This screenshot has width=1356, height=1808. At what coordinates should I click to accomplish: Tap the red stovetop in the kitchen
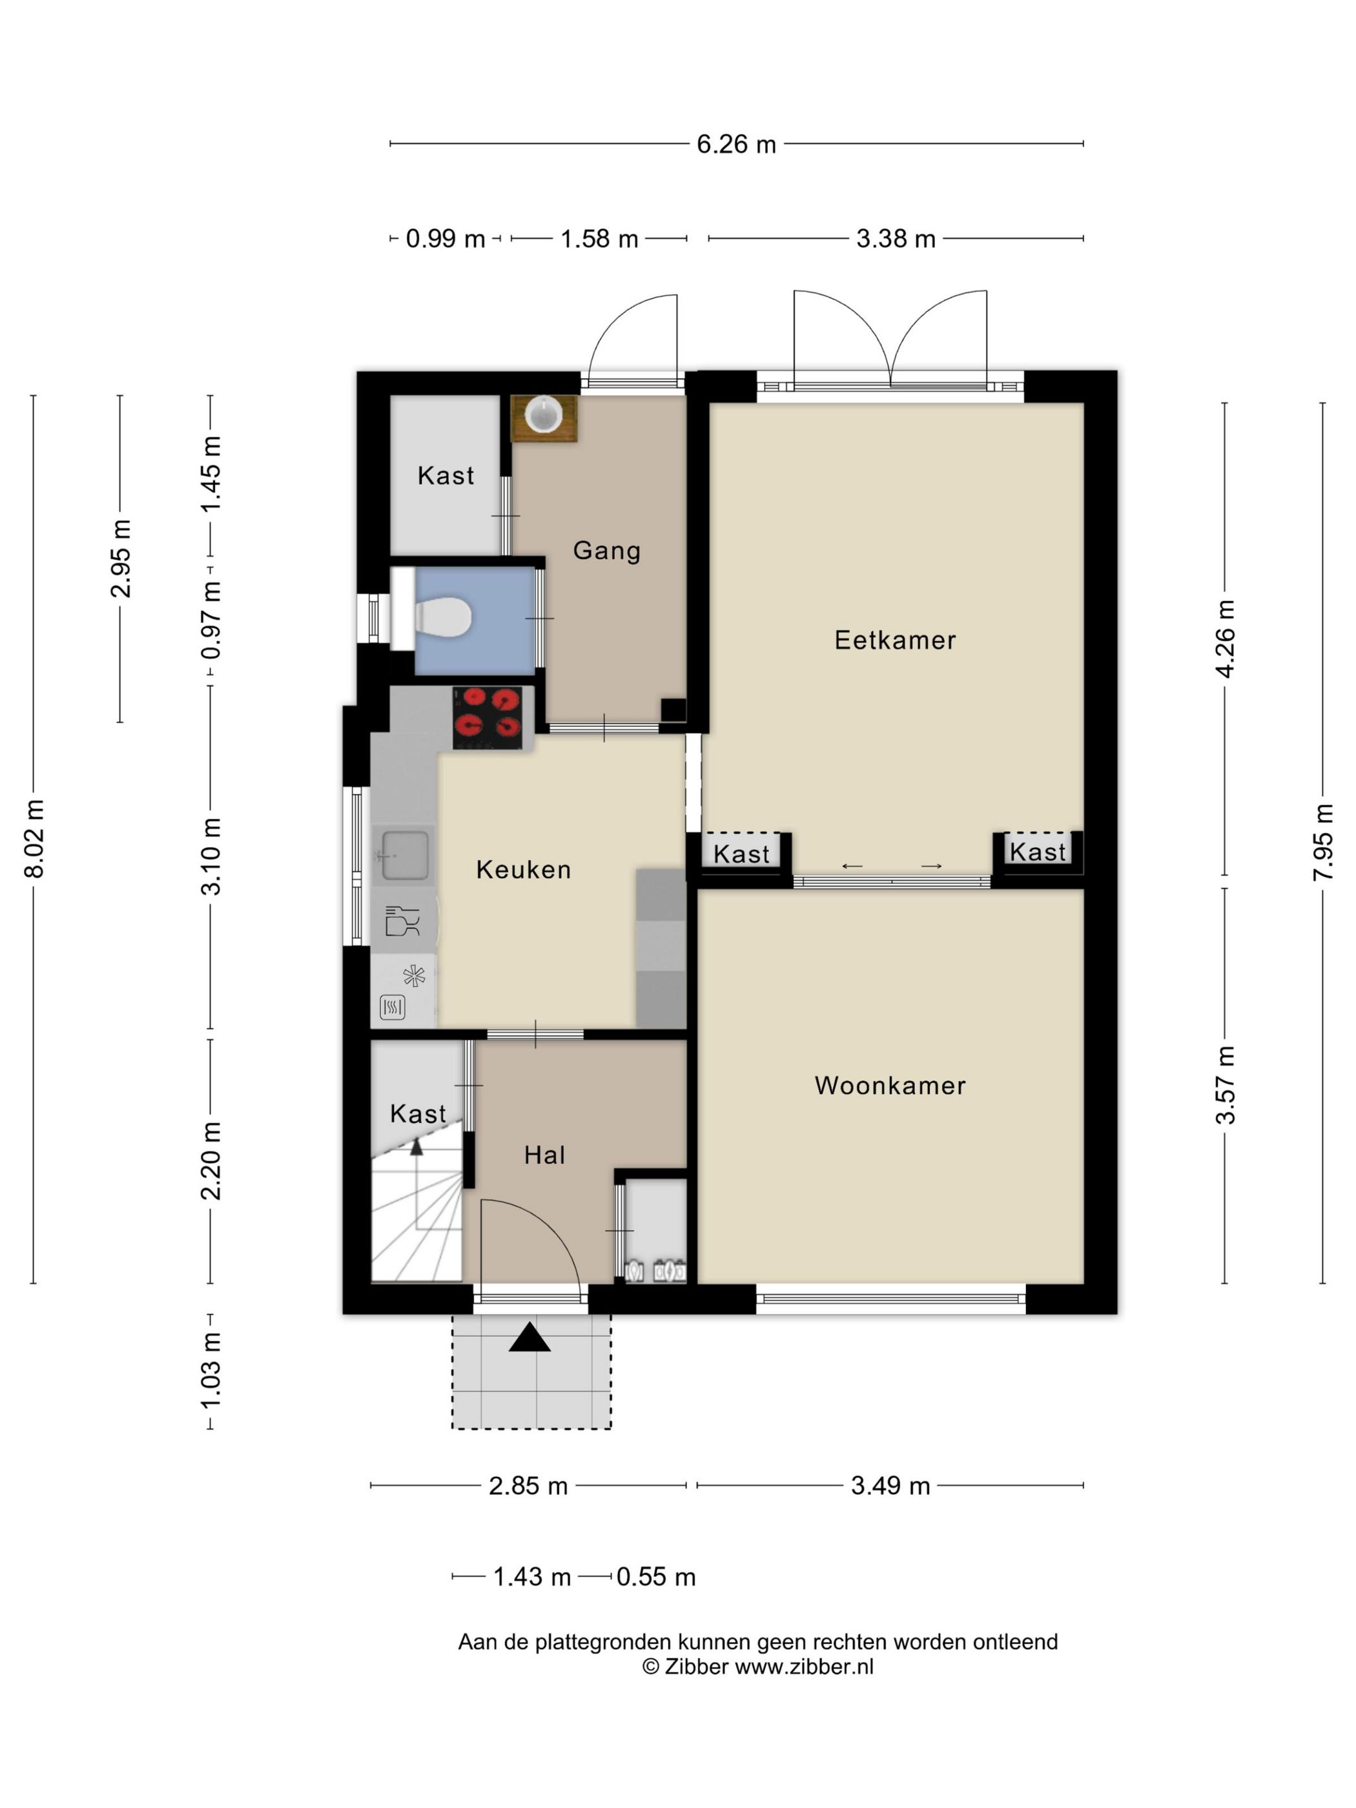pyautogui.click(x=488, y=717)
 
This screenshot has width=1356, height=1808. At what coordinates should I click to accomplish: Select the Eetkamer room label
pyautogui.click(x=895, y=640)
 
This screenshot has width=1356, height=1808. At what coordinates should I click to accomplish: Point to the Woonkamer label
pyautogui.click(x=890, y=1085)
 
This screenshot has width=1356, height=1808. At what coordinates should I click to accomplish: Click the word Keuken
pyautogui.click(x=523, y=870)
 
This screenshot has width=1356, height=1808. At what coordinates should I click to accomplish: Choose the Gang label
pyautogui.click(x=606, y=551)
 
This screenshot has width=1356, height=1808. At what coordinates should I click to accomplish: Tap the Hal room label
pyautogui.click(x=544, y=1155)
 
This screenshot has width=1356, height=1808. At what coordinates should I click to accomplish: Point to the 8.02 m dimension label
pyautogui.click(x=34, y=839)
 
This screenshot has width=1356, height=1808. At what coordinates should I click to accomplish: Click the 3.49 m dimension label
pyautogui.click(x=890, y=1486)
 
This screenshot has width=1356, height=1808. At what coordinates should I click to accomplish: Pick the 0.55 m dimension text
pyautogui.click(x=655, y=1577)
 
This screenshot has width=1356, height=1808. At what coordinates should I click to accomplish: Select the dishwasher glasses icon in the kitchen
pyautogui.click(x=402, y=921)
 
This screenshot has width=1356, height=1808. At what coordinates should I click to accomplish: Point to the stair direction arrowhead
pyautogui.click(x=416, y=1147)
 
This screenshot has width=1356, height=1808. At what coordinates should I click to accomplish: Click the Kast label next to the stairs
pyautogui.click(x=418, y=1114)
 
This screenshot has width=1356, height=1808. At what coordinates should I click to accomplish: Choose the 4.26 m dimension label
pyautogui.click(x=1224, y=639)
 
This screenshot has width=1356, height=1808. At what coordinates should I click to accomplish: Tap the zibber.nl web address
pyautogui.click(x=805, y=1667)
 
